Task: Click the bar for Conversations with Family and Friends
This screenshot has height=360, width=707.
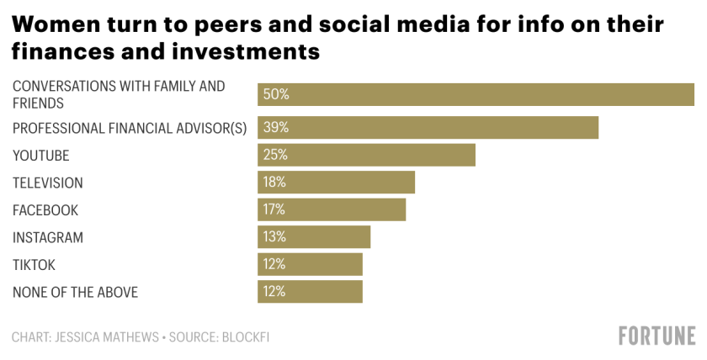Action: point(476,94)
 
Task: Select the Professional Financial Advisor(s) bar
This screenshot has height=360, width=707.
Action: point(428,128)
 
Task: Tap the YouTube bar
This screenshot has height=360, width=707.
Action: point(366,155)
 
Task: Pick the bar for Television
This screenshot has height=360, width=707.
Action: point(336,183)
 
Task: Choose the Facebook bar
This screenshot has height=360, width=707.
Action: point(332,209)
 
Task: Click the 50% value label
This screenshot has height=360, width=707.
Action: point(276,94)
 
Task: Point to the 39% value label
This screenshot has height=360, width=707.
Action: point(276,128)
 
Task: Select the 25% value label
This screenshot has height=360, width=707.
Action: point(276,155)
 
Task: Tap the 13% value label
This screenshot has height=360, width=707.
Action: point(275,237)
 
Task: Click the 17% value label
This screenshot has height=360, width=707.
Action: point(275,209)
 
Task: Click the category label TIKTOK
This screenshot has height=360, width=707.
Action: point(34,265)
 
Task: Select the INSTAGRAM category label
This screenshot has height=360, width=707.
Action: point(48,238)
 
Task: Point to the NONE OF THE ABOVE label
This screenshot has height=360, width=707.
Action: point(75,293)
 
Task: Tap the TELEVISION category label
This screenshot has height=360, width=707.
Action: point(48,183)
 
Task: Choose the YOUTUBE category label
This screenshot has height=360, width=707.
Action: point(40,156)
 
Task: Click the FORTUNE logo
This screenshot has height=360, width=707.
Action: point(656,336)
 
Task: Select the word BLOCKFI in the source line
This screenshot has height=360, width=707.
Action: point(245,337)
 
